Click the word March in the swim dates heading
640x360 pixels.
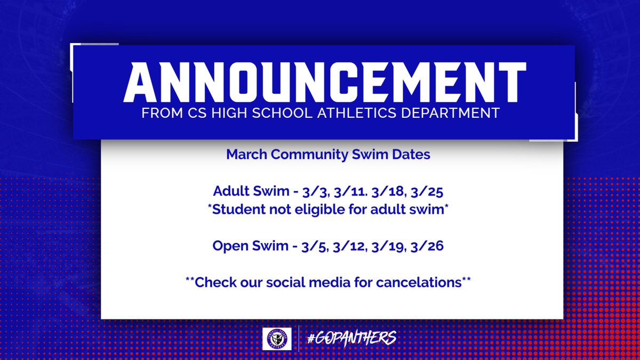pyautogui.click(x=245, y=155)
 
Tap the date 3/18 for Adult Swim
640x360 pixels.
pyautogui.click(x=376, y=191)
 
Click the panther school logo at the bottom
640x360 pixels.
pyautogui.click(x=277, y=339)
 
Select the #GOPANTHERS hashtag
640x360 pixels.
pyautogui.click(x=351, y=338)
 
